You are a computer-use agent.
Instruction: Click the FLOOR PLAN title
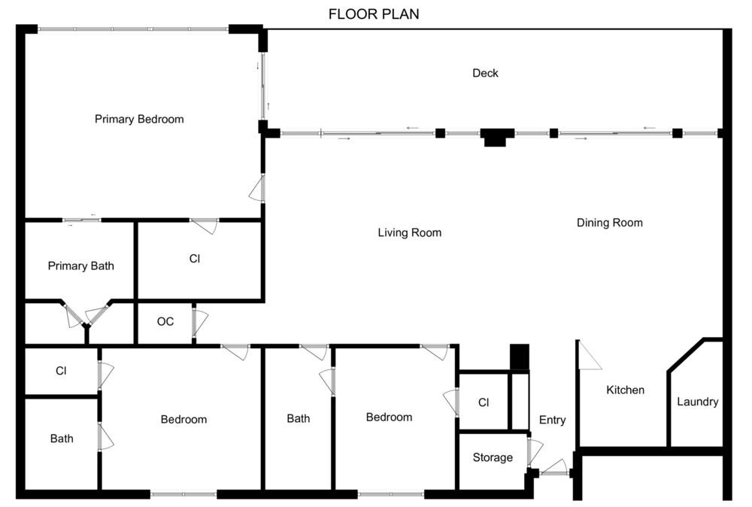tap(374, 14)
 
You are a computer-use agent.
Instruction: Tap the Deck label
tap(485, 73)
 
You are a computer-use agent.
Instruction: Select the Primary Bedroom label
tap(139, 119)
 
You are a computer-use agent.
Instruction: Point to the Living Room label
tap(410, 232)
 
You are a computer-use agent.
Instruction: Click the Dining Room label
tap(610, 223)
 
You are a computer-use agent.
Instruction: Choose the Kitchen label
tap(626, 390)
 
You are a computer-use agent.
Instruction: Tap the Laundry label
tap(698, 402)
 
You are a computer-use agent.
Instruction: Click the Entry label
tap(553, 420)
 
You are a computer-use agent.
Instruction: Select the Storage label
tap(493, 457)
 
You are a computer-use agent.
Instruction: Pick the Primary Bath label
tap(81, 266)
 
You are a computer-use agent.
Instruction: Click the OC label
tap(165, 321)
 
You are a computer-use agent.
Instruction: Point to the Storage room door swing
tap(535, 453)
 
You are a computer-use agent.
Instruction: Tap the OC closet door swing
tap(201, 323)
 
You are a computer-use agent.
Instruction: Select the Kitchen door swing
tap(590, 356)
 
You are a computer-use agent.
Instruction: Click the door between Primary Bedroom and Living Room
tap(257, 189)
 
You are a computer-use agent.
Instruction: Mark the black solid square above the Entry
tap(520, 357)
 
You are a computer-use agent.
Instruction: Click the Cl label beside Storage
tap(484, 402)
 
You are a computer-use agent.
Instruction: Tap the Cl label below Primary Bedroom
tap(195, 259)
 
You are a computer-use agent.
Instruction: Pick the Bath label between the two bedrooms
tap(299, 419)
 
